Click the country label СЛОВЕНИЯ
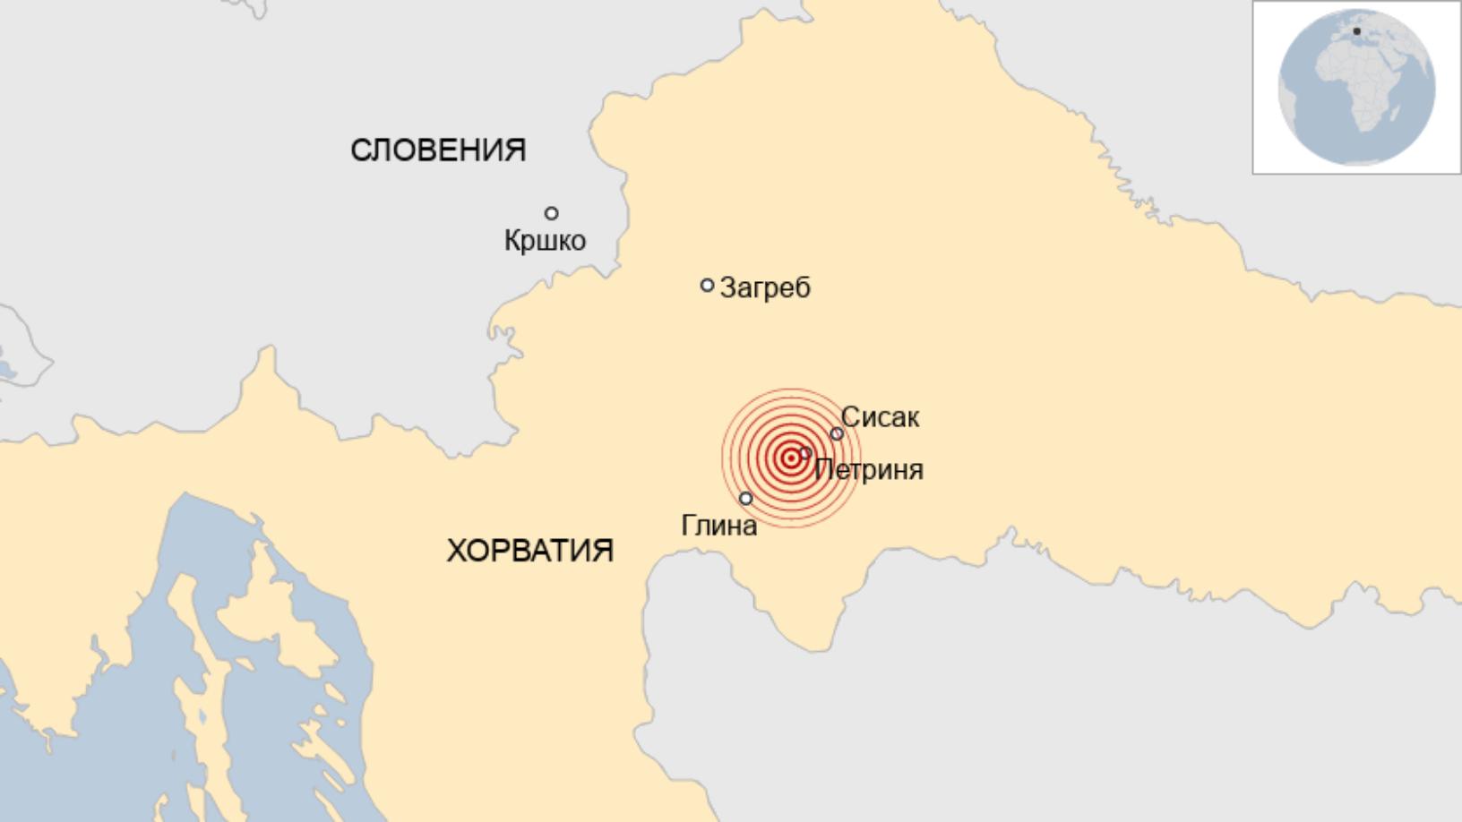point(437,150)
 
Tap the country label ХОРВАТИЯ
point(529,550)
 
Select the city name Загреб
point(765,287)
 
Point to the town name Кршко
point(545,240)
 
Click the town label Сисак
point(880,417)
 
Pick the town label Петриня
point(869,469)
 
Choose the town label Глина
point(718,525)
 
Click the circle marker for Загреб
point(707,286)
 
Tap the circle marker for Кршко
point(552,213)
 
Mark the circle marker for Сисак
point(837,434)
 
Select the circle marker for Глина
point(746,499)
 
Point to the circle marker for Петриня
point(805,453)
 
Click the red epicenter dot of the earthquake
point(791,458)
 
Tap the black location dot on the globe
point(1356,32)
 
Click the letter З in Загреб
point(728,287)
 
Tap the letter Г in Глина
point(689,525)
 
